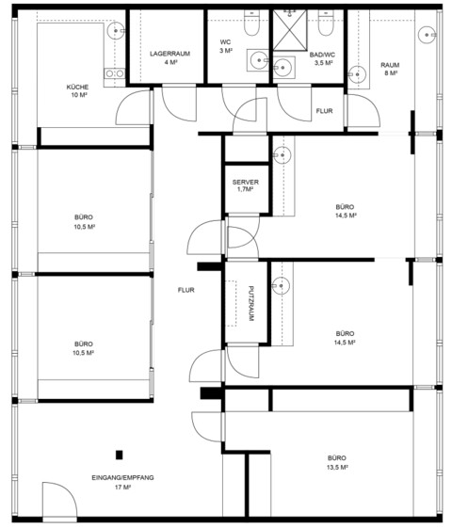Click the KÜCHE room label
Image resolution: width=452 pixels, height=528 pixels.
click(77, 87)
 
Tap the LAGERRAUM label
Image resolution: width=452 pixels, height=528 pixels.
click(169, 54)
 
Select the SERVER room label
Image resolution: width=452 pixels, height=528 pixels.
click(246, 183)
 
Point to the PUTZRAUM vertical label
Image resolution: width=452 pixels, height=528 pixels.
click(250, 303)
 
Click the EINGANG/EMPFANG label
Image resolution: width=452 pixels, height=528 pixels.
click(122, 477)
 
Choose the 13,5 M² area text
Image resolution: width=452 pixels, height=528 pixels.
click(337, 468)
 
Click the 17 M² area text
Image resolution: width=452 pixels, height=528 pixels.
click(122, 487)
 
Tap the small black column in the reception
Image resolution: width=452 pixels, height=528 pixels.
click(120, 455)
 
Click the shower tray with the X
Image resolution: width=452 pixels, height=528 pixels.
click(290, 30)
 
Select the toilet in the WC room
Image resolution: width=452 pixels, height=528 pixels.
click(251, 23)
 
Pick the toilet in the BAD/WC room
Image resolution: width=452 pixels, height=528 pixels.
click(326, 23)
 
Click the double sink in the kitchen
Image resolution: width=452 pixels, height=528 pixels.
click(115, 73)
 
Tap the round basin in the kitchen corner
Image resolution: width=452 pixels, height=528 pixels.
click(116, 31)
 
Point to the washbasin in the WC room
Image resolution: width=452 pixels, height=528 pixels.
click(258, 60)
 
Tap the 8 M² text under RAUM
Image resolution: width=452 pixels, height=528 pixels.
click(390, 73)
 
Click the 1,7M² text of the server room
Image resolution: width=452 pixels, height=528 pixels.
click(246, 189)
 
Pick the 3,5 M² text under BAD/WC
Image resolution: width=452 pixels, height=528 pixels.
click(324, 63)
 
